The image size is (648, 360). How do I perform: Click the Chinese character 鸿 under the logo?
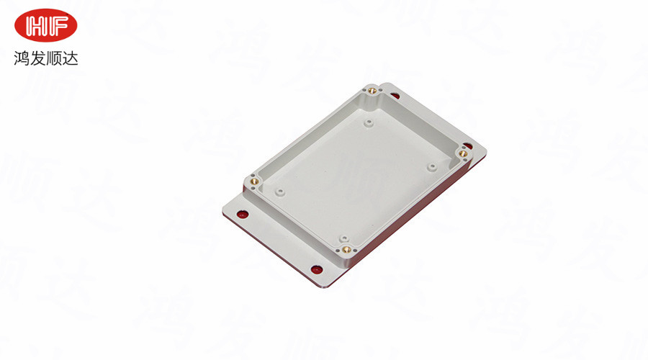(x=22, y=58)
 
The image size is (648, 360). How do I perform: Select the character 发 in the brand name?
(x=37, y=58)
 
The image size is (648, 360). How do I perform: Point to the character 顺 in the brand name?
(x=54, y=58)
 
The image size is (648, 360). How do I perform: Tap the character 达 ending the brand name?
(x=70, y=58)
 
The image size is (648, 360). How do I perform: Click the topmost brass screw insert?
(x=372, y=90)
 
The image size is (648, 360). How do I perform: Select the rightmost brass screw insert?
(x=463, y=154)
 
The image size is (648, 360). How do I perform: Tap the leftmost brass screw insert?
(x=255, y=181)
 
